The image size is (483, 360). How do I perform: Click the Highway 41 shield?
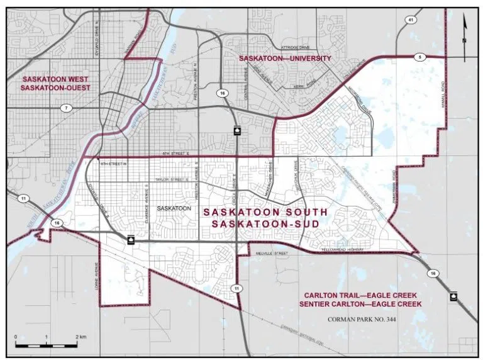click(x=411, y=38)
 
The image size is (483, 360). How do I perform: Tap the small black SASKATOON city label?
click(x=174, y=207)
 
